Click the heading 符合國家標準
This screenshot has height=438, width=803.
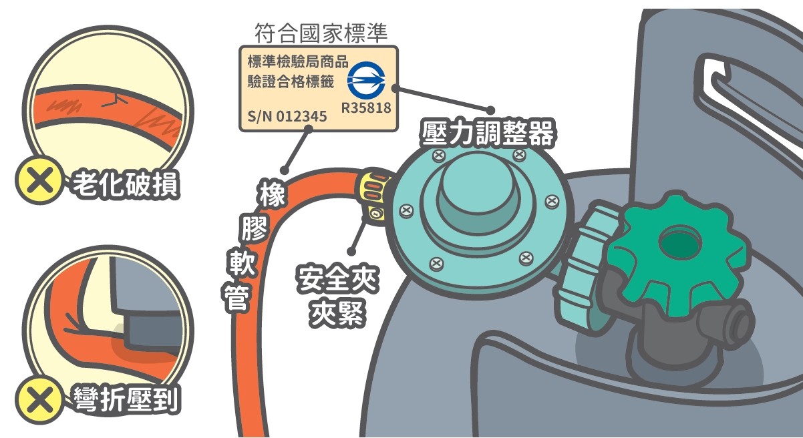pos(321,33)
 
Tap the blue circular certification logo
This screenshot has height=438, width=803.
pos(366,80)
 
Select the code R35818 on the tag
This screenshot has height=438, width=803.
pos(366,107)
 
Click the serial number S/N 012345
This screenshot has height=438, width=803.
pos(287,116)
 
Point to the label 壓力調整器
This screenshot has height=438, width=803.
pos(488,134)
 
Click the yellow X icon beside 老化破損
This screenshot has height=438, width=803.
pos(39,180)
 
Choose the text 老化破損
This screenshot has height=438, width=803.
pos(126,184)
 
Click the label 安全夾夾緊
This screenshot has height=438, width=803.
pos(337,296)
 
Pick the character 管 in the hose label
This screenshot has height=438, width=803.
pos(236,298)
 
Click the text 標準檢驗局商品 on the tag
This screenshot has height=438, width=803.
pos(298,61)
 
